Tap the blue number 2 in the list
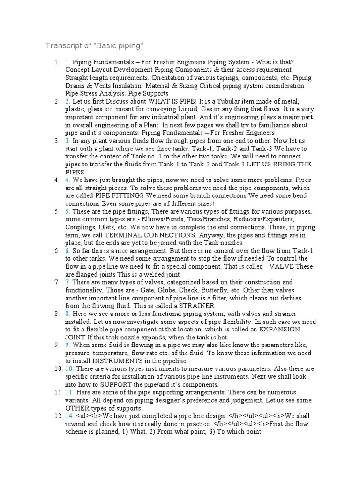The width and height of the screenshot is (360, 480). pos(67,101)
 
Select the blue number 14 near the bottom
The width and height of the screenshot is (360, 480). pos(69,416)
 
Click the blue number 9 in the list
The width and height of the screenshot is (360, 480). pos(67,345)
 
